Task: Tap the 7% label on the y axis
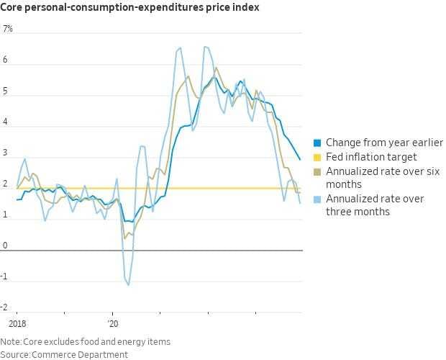(8, 29)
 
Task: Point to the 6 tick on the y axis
(6, 60)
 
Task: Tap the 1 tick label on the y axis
(6, 215)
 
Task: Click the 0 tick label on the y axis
(6, 246)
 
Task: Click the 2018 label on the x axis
(17, 325)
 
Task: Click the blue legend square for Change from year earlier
(317, 143)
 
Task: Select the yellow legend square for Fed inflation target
(317, 157)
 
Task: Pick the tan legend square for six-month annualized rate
(317, 171)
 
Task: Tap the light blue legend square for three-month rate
(317, 199)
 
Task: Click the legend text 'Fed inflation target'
(371, 157)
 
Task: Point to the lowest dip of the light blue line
(129, 285)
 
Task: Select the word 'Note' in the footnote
(10, 341)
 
